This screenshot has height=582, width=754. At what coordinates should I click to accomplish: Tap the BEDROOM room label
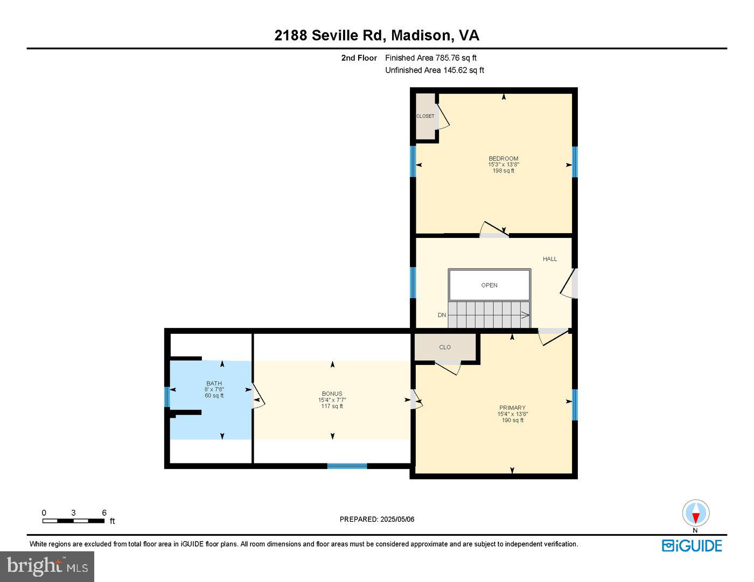tap(503, 159)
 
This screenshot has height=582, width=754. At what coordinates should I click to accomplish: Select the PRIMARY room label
tap(512, 408)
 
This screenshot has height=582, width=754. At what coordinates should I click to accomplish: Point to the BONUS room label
tap(332, 394)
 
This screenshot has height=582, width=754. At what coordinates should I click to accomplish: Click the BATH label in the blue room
tap(214, 384)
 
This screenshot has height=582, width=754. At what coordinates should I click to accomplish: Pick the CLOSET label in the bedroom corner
tap(425, 116)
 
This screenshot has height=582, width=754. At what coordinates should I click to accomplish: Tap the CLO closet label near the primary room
tap(445, 347)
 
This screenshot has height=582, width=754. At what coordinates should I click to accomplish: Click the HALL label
tap(550, 259)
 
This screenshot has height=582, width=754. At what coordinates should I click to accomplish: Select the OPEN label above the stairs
tap(489, 285)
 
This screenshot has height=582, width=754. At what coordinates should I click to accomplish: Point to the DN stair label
tap(442, 315)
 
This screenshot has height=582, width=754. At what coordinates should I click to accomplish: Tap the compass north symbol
tap(695, 514)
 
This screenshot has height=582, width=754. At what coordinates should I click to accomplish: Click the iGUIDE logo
tap(692, 545)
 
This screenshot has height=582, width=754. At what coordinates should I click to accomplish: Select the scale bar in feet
tap(74, 521)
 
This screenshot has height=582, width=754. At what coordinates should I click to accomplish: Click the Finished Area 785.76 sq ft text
tap(431, 58)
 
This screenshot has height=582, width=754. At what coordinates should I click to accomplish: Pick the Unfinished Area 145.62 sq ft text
tap(434, 71)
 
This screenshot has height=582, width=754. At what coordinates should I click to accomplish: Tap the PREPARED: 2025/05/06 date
tap(377, 520)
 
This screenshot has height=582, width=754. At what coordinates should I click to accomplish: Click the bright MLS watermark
tap(47, 566)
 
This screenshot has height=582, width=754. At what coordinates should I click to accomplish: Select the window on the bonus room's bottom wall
tap(347, 466)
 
